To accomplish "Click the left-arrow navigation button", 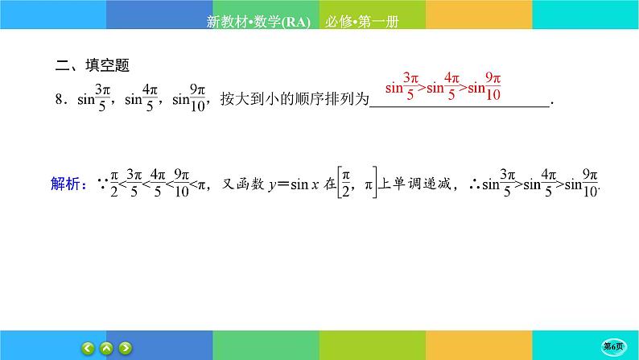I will click(88, 349).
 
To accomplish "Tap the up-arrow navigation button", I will click(106, 349).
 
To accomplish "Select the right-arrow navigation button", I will click(125, 349).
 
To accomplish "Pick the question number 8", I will click(60, 101).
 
